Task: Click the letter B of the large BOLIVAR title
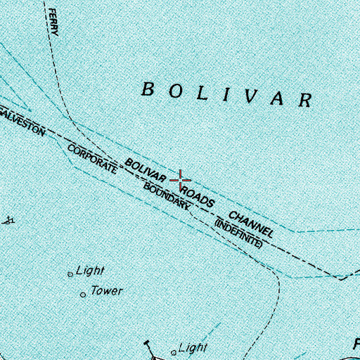tap(148, 89)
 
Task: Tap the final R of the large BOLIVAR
tap(304, 99)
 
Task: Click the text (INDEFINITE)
tap(238, 234)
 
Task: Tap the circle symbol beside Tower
tap(84, 294)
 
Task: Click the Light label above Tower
tap(90, 270)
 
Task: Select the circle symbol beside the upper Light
tap(70, 274)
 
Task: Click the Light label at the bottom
tap(193, 347)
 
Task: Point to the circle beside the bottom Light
tap(174, 352)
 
